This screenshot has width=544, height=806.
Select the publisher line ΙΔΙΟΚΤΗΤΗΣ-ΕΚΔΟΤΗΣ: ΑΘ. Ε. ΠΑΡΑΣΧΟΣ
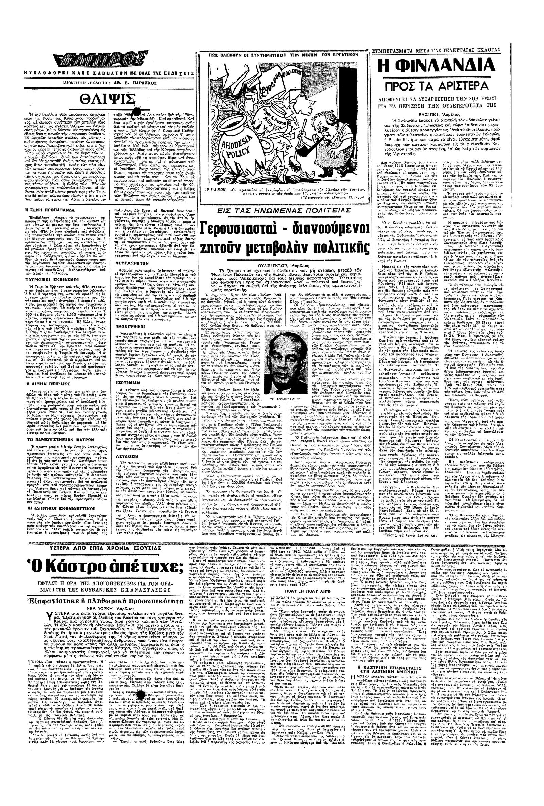107,83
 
